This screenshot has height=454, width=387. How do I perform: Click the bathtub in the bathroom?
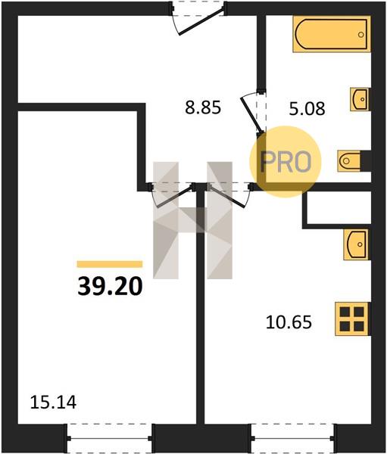[x=332, y=34]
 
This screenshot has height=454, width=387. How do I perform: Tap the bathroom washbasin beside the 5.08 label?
[x=360, y=99]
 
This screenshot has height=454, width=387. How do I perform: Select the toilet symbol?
[x=348, y=160]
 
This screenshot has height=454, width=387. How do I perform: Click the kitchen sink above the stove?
[x=356, y=244]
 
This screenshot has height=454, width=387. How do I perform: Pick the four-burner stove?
[x=352, y=319]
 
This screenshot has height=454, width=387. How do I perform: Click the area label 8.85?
[x=203, y=107]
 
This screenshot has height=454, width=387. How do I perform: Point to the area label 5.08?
[x=307, y=109]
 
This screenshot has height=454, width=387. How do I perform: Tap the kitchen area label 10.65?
[x=289, y=322]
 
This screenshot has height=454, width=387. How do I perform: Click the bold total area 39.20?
[x=110, y=286]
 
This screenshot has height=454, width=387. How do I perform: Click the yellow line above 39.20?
[x=110, y=264]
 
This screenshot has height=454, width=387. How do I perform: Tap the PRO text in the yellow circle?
[x=286, y=162]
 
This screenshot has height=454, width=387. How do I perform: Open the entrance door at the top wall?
[x=201, y=22]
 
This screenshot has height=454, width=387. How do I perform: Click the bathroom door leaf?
[x=251, y=115]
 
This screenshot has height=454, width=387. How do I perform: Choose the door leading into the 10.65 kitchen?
[x=226, y=196]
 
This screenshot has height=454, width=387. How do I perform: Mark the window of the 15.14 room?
[x=110, y=438]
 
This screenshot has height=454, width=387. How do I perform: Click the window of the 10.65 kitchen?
[x=292, y=438]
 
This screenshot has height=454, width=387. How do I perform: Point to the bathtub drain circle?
[x=361, y=35]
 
